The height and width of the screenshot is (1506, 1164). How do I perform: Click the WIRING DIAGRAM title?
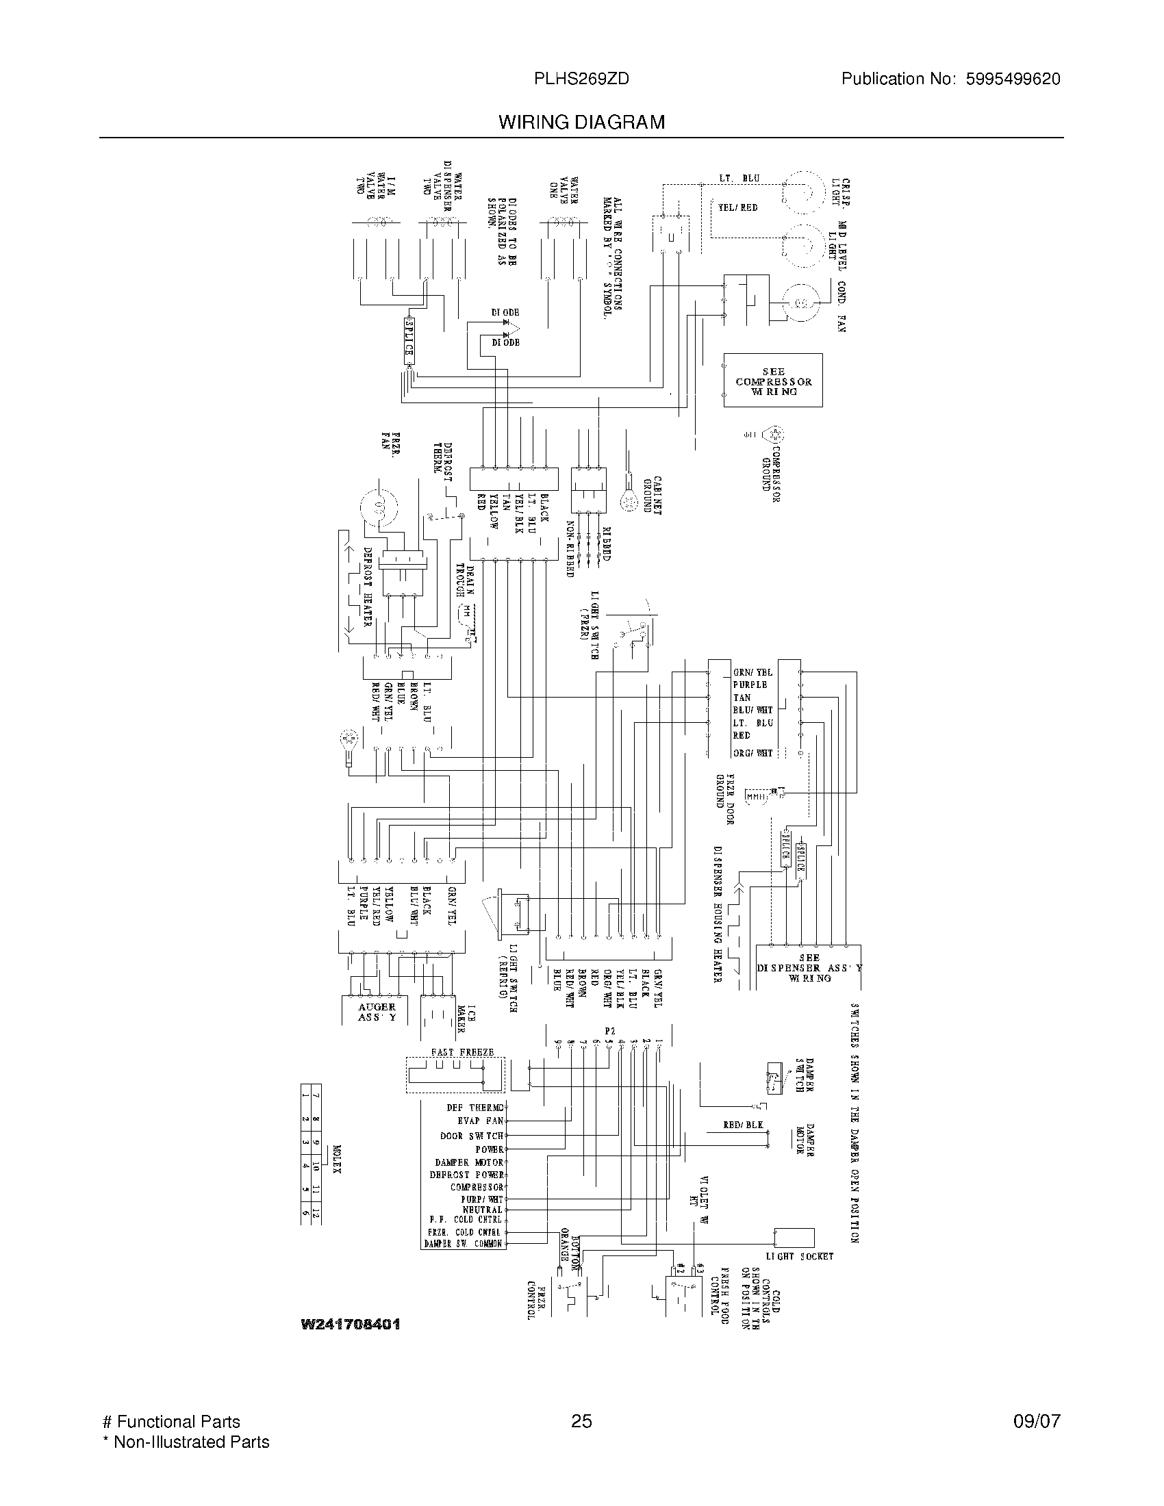tap(581, 123)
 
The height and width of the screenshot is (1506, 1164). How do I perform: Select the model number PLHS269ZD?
tap(581, 79)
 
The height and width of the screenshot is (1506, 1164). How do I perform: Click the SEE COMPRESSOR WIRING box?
tap(773, 381)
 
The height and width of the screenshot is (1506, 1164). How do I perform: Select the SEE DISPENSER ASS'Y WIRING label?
tap(809, 967)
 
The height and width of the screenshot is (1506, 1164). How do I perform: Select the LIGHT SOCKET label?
tap(799, 1256)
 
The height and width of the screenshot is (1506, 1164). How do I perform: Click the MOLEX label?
tap(336, 1160)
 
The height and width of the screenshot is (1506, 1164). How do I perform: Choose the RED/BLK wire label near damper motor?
tap(743, 1125)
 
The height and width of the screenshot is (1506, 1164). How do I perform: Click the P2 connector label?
tap(609, 1032)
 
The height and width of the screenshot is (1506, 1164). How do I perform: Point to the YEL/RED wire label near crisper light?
tap(738, 207)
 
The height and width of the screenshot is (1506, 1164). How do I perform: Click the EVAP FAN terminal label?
tap(481, 1121)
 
